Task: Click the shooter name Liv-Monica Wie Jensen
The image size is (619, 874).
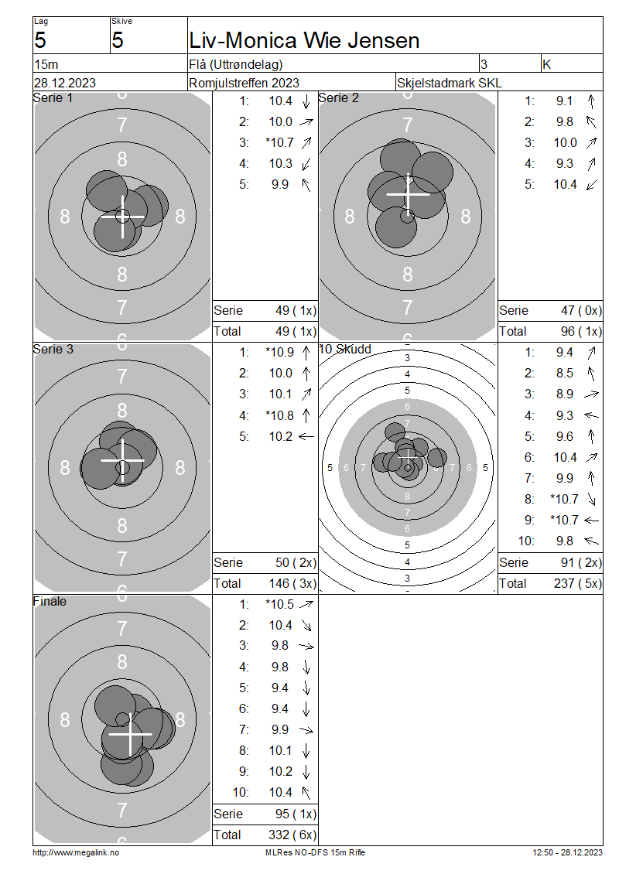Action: coord(304,41)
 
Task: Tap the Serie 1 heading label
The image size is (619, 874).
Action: coord(53,98)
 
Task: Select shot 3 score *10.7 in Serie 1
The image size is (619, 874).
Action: coord(279,142)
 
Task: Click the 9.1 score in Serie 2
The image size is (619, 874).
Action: coord(564,101)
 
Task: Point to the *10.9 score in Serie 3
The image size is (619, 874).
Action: coord(279,352)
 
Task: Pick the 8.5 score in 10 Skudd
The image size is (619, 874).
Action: coord(564,374)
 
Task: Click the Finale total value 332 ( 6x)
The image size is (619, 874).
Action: coord(292,835)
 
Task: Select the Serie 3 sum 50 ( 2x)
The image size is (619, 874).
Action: coord(296,562)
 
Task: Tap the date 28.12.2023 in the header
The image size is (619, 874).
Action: coord(65,83)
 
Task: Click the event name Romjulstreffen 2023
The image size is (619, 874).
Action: coord(245,83)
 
